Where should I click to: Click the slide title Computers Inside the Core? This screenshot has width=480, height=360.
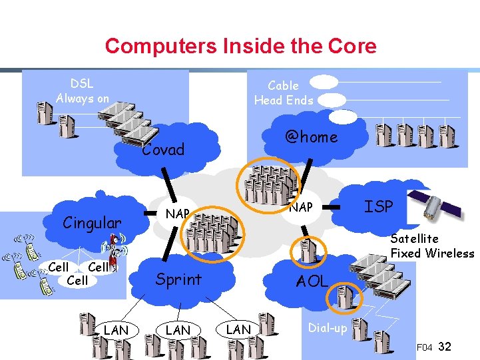point(240,46)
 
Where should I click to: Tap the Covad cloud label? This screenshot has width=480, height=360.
point(163,150)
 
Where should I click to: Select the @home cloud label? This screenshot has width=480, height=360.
point(311,137)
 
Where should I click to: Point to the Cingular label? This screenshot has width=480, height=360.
point(92,223)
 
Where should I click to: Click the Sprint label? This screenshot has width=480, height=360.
point(178,279)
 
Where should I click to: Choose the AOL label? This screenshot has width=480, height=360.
point(312,281)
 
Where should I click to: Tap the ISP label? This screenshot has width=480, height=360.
point(379,207)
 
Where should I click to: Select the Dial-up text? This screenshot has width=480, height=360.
point(327,328)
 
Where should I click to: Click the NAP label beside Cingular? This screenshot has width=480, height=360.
point(178,214)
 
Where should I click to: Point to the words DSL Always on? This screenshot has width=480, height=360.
point(82,91)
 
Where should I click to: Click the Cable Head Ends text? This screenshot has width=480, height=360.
point(283,93)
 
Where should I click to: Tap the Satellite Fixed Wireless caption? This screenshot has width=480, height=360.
point(432,246)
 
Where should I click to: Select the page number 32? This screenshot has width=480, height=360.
point(446,347)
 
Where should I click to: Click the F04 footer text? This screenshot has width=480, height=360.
point(425,347)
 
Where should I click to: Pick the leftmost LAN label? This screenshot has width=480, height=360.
point(117,330)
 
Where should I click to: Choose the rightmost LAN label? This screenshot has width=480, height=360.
point(238,329)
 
